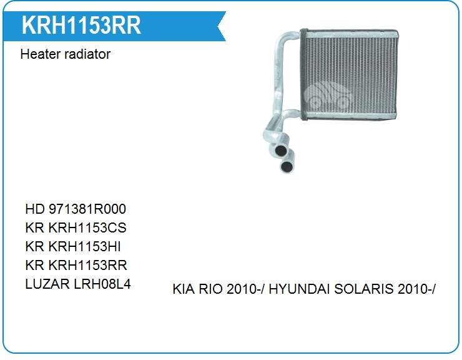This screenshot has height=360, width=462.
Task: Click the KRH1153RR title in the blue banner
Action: coord(81,26)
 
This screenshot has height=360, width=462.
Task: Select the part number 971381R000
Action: coord(87,209)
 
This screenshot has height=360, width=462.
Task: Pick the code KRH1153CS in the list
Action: coord(87,227)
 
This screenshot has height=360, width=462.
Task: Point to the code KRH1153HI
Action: coord(84,246)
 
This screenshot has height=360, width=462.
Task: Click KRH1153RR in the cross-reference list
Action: coord(88,265)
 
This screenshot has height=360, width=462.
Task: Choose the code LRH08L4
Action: coord(102,284)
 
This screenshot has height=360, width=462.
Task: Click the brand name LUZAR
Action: coord(47,284)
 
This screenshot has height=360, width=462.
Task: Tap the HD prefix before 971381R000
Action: coord(35,209)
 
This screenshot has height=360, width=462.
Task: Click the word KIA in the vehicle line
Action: coord(184,289)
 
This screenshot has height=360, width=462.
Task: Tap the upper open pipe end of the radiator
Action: coord(280,150)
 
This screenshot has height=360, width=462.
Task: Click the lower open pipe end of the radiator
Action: coord(287,166)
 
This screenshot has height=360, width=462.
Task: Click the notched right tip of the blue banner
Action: coord(218,26)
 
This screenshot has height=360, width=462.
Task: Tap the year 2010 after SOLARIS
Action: coord(411,289)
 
